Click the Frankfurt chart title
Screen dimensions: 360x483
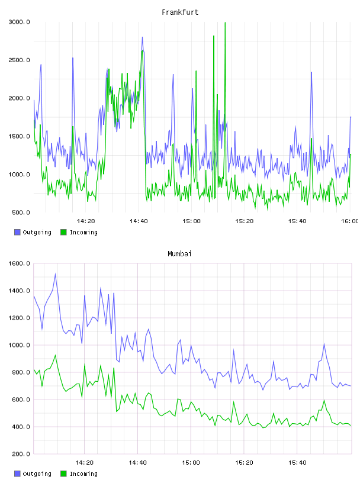click(x=180, y=12)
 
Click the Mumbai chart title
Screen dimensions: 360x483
click(x=179, y=254)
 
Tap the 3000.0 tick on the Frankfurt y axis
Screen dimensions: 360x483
click(x=19, y=22)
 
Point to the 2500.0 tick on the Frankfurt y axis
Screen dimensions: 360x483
click(x=19, y=60)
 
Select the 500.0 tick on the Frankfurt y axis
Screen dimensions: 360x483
click(x=21, y=212)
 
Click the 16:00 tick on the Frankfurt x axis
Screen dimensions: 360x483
click(x=350, y=221)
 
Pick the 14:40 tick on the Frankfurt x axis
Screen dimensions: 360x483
click(x=139, y=221)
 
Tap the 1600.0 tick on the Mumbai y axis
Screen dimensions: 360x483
click(x=19, y=263)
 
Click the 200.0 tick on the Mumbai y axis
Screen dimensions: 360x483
click(x=21, y=454)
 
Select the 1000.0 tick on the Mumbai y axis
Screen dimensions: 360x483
click(x=19, y=345)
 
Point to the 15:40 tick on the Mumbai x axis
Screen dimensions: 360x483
click(x=297, y=462)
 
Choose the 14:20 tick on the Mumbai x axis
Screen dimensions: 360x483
click(x=84, y=462)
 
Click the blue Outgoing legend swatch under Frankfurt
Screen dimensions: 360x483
click(x=17, y=232)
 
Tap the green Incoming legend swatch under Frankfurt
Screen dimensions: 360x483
click(x=63, y=232)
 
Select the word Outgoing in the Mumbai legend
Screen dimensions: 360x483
click(x=37, y=474)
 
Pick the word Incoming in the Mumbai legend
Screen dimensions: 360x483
click(x=83, y=474)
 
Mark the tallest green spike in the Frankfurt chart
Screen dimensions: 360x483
click(x=225, y=22)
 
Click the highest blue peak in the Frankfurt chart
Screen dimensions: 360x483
click(x=142, y=37)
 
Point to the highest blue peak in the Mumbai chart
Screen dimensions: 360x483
click(x=55, y=274)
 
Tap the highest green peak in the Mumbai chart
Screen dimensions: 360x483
click(x=55, y=355)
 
